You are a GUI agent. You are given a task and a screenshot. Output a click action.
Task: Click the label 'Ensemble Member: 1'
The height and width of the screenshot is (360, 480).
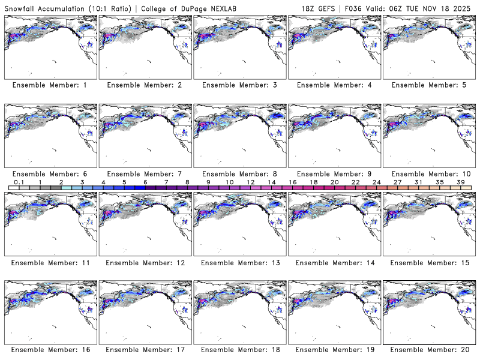pos(50,85)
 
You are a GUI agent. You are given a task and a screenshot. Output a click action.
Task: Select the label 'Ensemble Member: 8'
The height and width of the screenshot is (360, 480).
pos(239,174)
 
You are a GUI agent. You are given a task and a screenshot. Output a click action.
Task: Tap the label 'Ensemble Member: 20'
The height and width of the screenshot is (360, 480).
pos(428,350)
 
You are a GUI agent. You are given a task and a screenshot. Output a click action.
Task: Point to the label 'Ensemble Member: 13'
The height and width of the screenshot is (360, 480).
pos(239,263)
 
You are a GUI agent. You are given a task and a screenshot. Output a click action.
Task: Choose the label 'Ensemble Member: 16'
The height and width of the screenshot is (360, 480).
pos(50,350)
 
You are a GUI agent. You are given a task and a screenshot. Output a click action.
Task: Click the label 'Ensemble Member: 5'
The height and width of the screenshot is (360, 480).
pos(428,85)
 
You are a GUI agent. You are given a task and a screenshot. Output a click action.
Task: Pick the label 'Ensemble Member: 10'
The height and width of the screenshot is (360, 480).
pos(428,174)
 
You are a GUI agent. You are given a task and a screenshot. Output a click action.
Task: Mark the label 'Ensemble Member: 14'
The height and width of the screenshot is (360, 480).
pos(334,263)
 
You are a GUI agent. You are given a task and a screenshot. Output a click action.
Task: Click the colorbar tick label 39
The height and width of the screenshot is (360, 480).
pos(460,182)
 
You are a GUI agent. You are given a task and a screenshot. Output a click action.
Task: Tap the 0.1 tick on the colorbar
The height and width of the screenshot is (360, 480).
pos(19,182)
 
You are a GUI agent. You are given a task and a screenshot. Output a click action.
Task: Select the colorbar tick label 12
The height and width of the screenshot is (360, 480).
pos(250,182)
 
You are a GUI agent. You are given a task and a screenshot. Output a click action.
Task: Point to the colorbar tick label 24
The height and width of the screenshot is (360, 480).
pos(376,182)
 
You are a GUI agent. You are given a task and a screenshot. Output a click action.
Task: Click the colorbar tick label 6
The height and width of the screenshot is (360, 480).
pos(145,182)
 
